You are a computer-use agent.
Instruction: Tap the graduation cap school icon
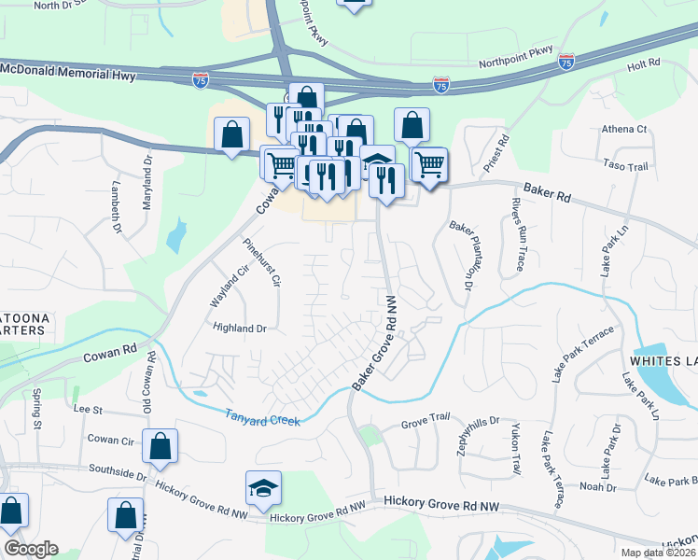click(x=263, y=488)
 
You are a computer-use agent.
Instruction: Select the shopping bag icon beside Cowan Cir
click(x=160, y=447)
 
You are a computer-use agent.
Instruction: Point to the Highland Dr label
click(x=240, y=329)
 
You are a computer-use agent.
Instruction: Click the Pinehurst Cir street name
click(x=262, y=263)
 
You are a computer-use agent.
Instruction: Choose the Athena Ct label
click(x=624, y=129)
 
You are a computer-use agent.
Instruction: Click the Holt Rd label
click(x=643, y=63)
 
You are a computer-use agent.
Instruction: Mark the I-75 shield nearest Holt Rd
click(x=566, y=62)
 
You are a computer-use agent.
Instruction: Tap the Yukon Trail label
click(x=514, y=451)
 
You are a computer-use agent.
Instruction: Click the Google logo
click(x=31, y=549)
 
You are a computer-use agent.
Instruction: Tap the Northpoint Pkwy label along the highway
click(x=516, y=57)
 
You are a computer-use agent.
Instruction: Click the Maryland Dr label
click(x=147, y=183)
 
